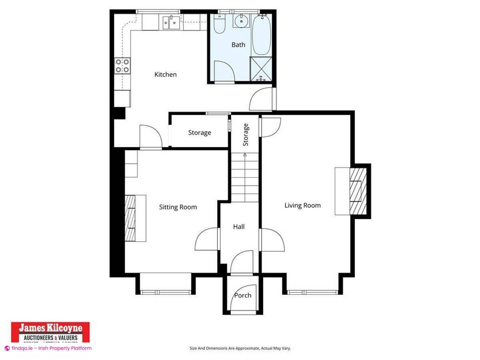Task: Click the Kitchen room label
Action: pos(165,74)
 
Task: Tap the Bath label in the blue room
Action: pos(238,45)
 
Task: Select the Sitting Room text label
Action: pos(178,207)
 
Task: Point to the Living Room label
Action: pos(302,205)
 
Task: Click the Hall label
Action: pos(239,227)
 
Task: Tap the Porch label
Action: pos(243,295)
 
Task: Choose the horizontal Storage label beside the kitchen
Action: pos(200,132)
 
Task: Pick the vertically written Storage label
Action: pos(246,134)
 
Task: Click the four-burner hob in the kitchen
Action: pos(122,66)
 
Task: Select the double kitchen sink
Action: pos(171,23)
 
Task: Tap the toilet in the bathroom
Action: pos(219,25)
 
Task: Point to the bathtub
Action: pos(262,35)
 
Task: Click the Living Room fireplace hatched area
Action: pos(357,191)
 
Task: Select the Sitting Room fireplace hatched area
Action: pos(130,218)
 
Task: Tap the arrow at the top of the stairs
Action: pos(245,154)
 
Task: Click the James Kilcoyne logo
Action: pos(50,332)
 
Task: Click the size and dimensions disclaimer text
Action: pos(240,348)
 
